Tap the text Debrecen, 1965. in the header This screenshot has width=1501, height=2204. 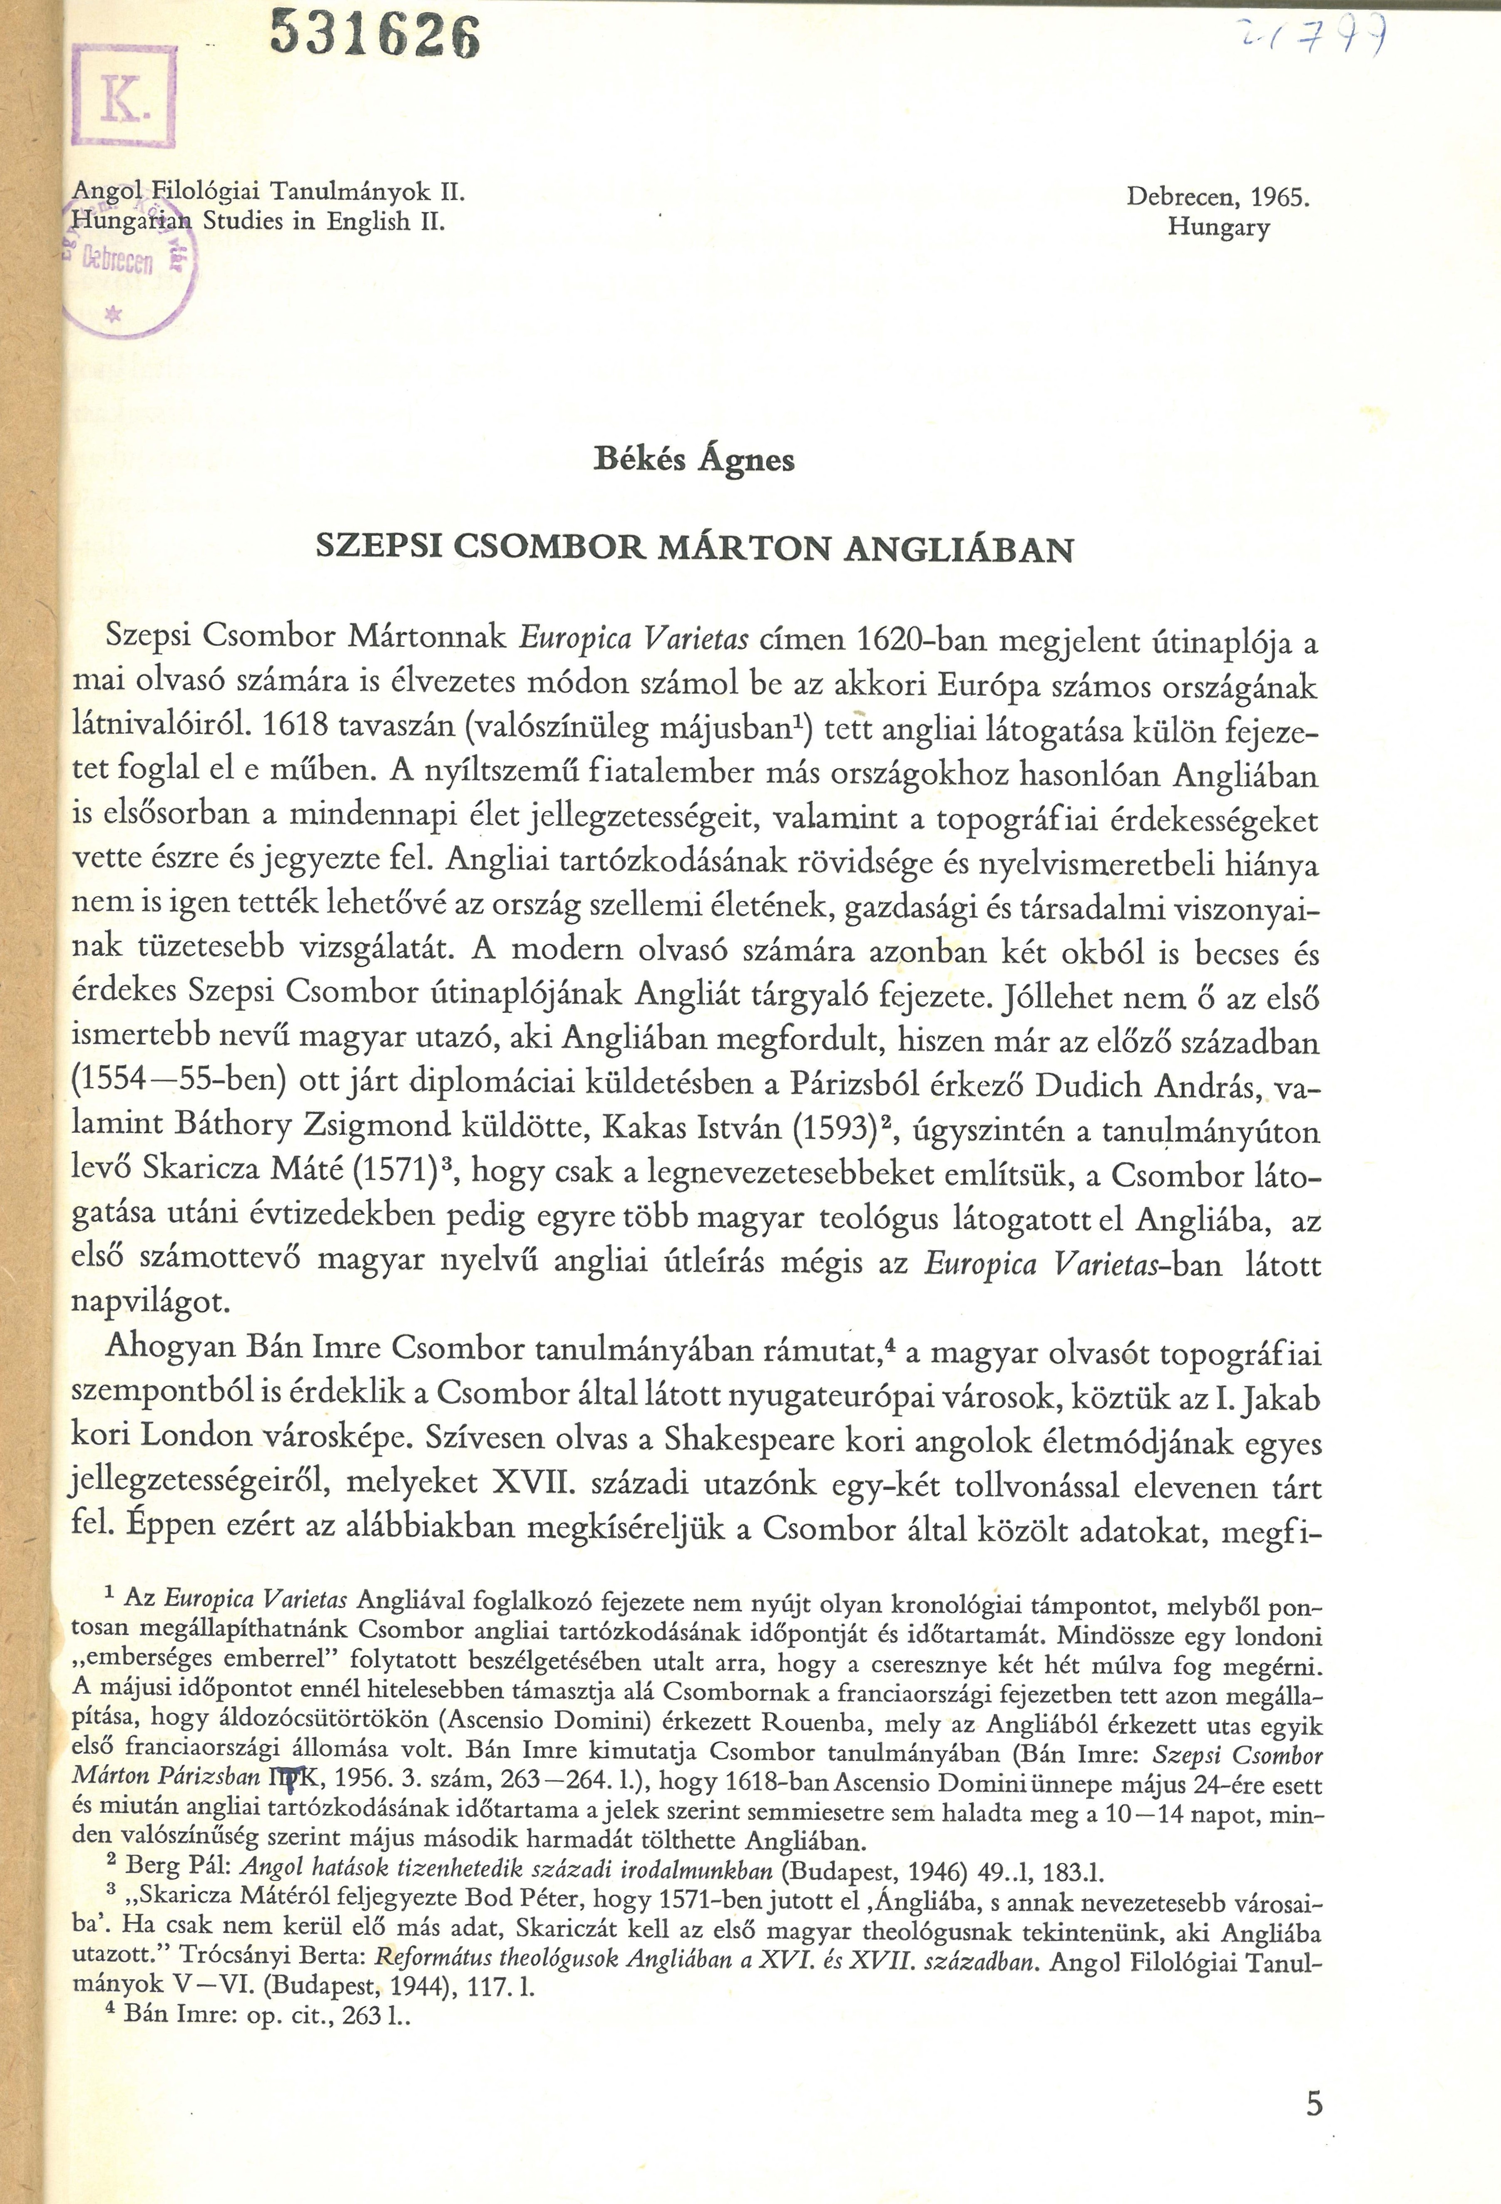(x=1218, y=197)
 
